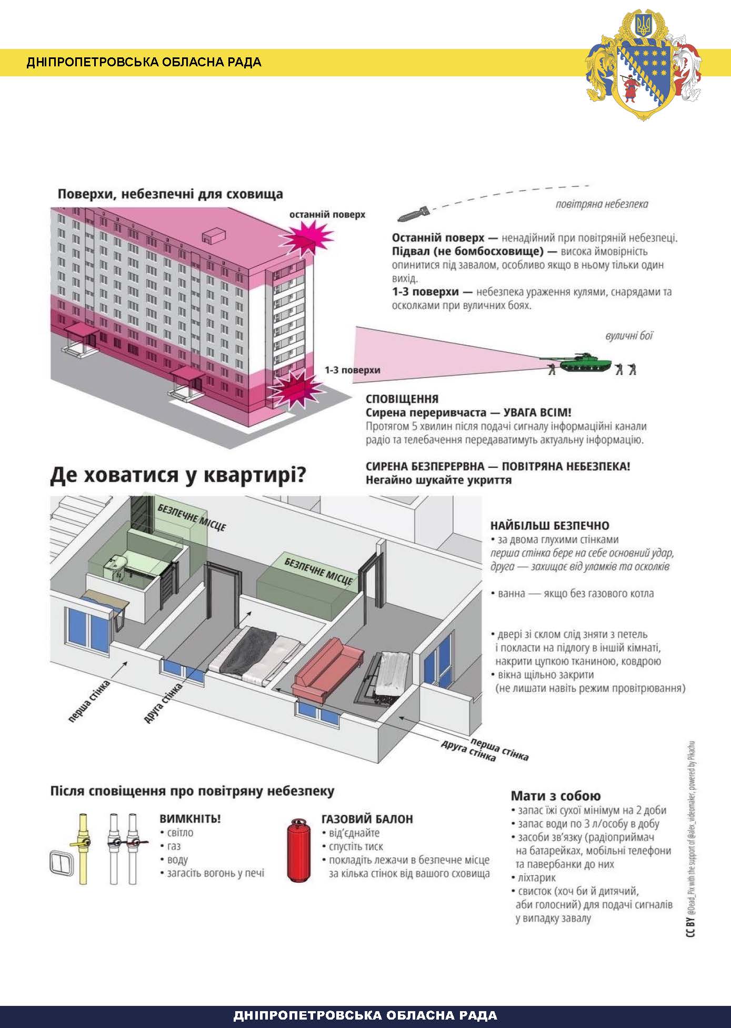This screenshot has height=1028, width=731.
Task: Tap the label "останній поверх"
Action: pos(327,215)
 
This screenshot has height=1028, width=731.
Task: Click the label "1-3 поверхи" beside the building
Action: pos(352,370)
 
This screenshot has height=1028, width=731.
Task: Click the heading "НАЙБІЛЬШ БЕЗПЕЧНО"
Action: pos(549,525)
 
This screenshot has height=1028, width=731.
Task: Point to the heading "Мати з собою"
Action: pos(555,796)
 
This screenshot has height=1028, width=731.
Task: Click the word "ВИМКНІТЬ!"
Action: pos(190,819)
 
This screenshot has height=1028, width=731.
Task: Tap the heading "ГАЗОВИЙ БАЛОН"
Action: pos(367,819)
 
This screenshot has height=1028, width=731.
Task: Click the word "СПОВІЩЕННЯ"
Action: pos(402,399)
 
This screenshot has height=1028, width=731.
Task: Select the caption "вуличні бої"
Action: pos(629,336)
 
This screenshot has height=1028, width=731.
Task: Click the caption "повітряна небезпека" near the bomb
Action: pos(602,204)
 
